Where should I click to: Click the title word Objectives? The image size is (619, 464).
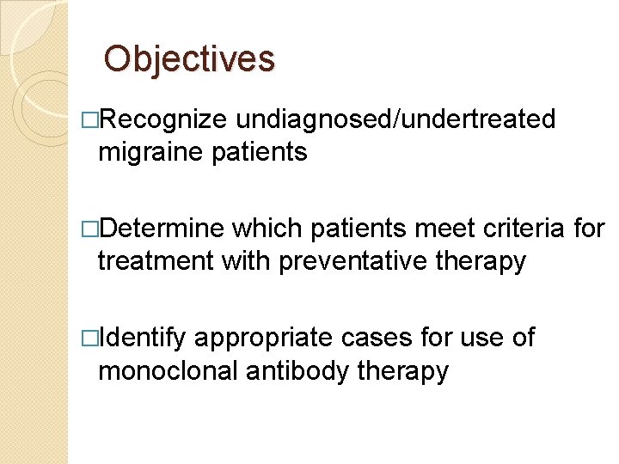point(189,58)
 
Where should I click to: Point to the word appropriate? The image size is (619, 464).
point(263,339)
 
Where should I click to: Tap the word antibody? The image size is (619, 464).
point(290,371)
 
